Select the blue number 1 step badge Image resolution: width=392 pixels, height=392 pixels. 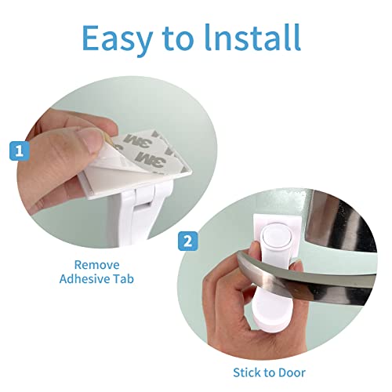click(19, 151)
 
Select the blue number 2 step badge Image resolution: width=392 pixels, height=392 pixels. click(188, 241)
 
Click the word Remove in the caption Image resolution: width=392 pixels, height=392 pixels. click(96, 265)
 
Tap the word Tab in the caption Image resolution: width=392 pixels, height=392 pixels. click(123, 279)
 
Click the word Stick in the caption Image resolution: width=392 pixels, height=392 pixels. click(249, 372)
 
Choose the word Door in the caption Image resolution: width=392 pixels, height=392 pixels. click(292, 372)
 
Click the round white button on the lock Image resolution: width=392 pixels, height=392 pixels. click(274, 236)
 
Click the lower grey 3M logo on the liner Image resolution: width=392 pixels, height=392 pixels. click(151, 158)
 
